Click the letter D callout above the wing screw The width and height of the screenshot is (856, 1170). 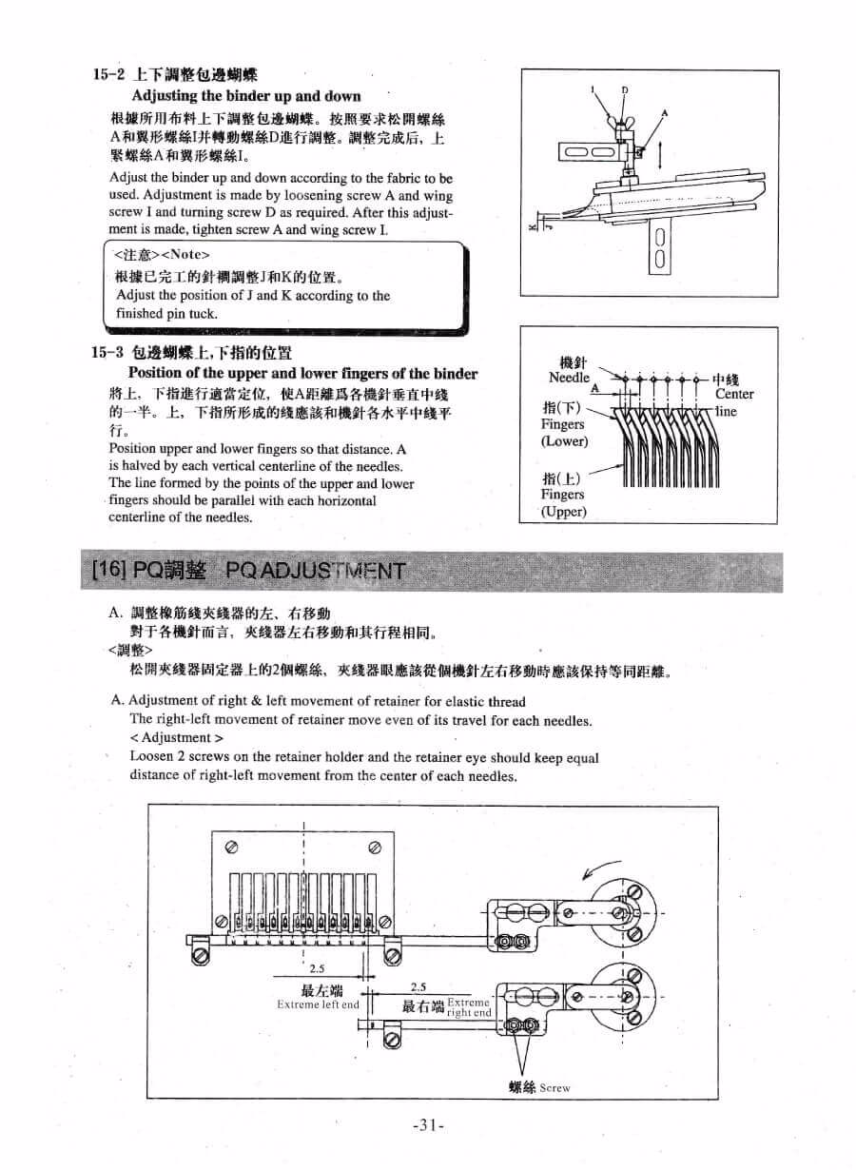point(625,90)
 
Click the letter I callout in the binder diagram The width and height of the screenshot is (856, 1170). point(592,90)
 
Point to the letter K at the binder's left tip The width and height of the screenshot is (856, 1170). point(533,227)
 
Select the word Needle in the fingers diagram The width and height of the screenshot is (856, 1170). point(569,378)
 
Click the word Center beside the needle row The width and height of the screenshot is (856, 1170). point(733,394)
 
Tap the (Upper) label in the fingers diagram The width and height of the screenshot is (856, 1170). point(564,511)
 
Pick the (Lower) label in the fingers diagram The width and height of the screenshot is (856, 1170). point(565,441)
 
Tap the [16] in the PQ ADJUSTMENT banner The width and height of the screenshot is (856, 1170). point(107,571)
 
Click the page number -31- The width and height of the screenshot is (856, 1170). point(429,1125)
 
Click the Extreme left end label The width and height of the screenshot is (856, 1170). point(318,1004)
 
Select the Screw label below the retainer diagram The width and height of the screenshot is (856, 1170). point(554,1087)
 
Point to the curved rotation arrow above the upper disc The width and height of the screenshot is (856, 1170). point(602,868)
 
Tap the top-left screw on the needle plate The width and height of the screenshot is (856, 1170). point(230,845)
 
